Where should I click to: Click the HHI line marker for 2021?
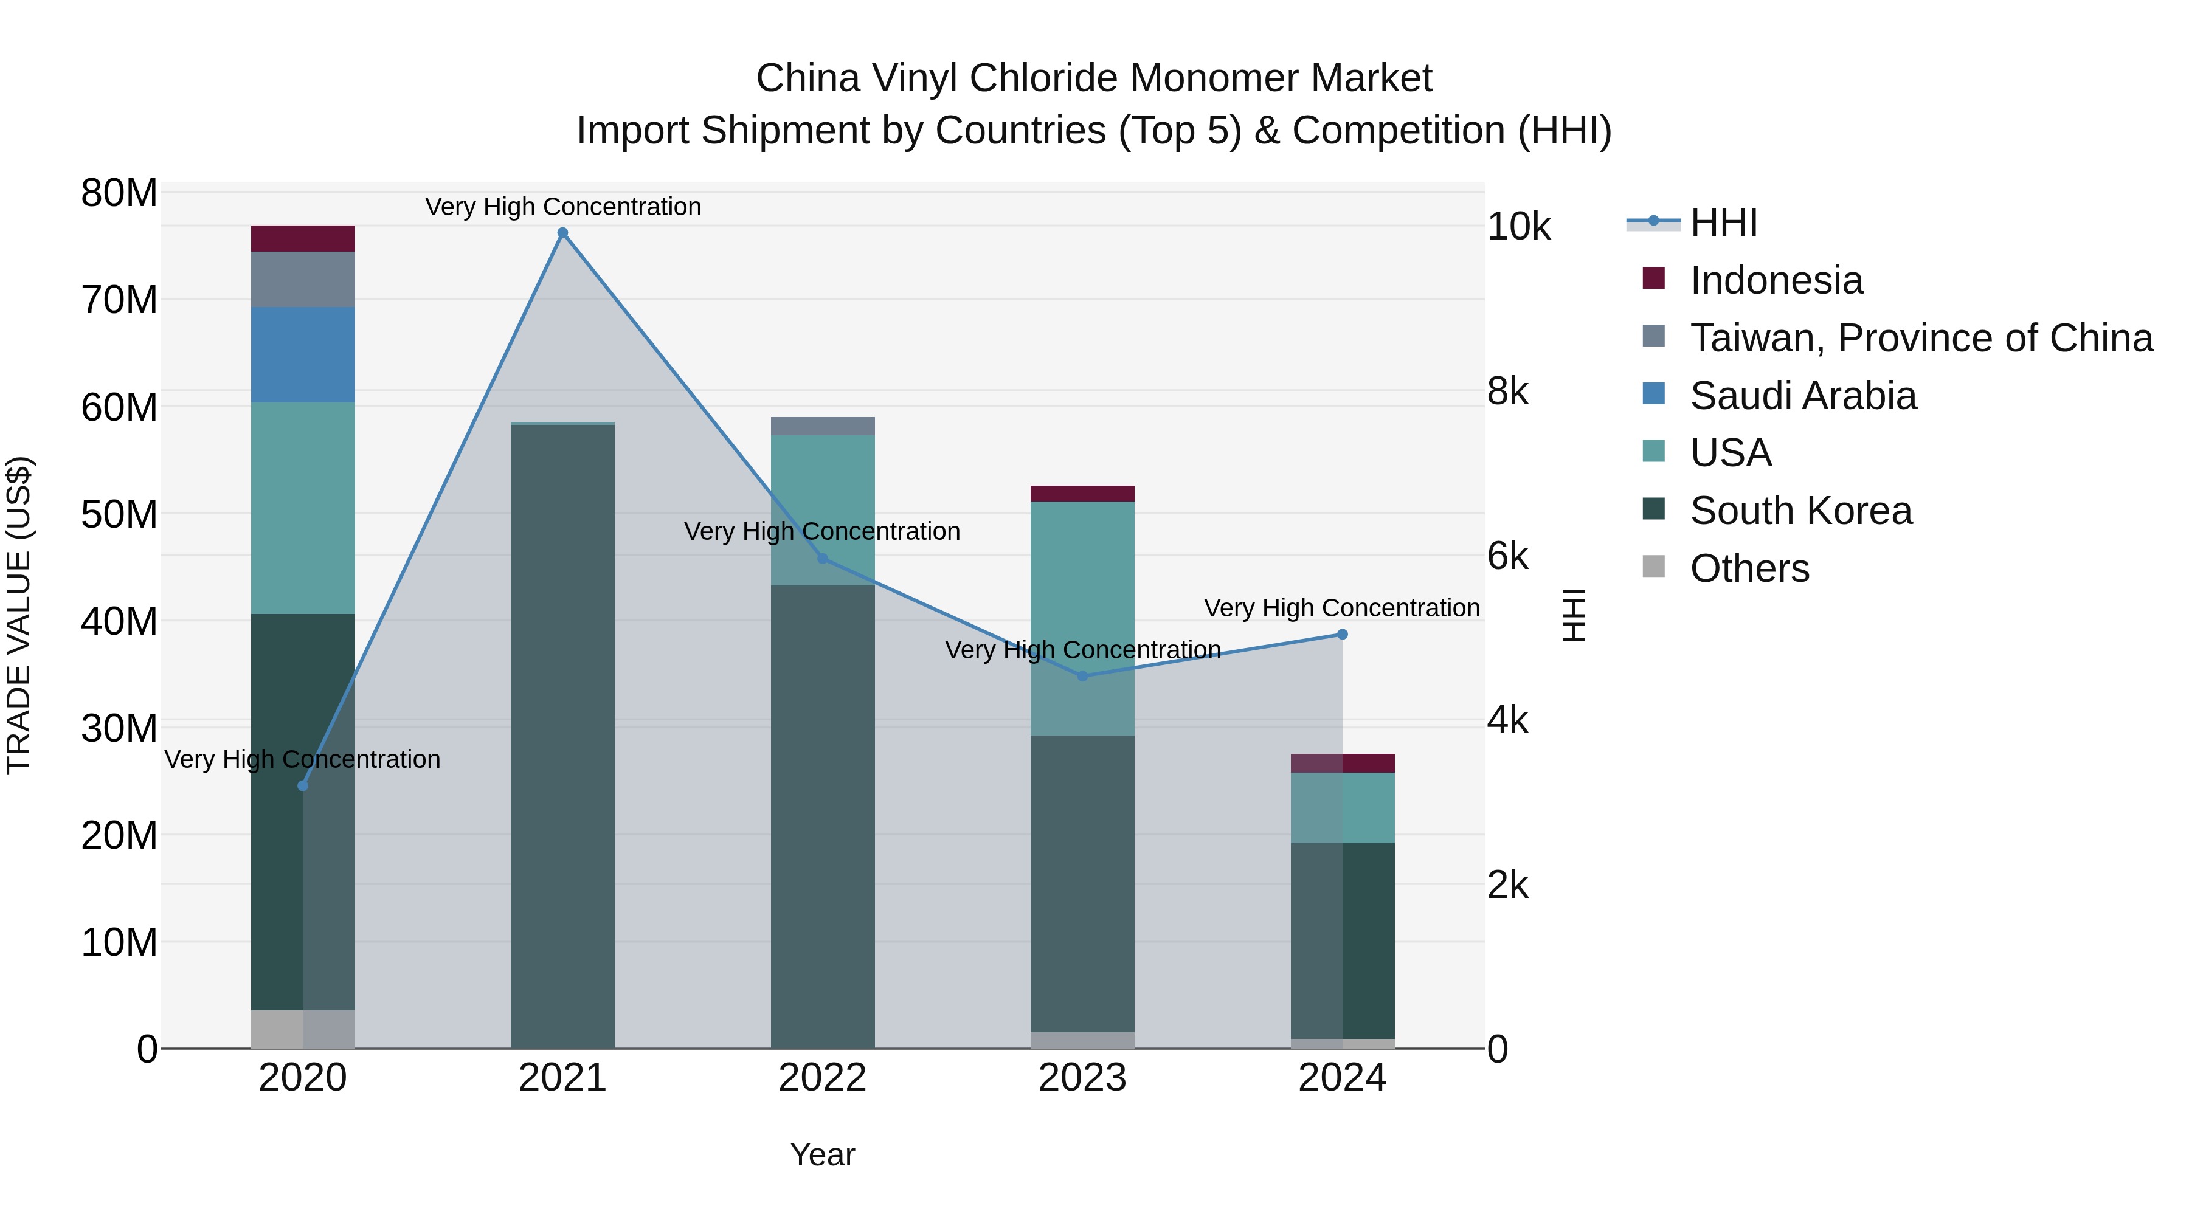[x=562, y=233]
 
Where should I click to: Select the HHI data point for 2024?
[x=1343, y=635]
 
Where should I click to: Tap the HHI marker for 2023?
[x=1082, y=676]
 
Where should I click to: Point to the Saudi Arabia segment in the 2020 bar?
[x=303, y=354]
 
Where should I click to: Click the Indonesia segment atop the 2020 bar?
[x=303, y=239]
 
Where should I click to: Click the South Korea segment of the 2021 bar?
[x=562, y=731]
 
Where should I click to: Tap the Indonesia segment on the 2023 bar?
[x=1082, y=494]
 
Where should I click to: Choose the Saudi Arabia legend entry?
[x=1802, y=396]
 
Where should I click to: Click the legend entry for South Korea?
[x=1800, y=511]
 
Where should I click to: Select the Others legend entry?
[x=1749, y=568]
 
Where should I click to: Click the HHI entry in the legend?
[x=1723, y=222]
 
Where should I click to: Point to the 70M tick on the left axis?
[x=119, y=300]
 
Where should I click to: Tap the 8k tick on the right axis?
[x=1507, y=391]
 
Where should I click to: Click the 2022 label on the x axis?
[x=823, y=1078]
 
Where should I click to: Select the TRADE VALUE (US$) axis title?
[x=19, y=615]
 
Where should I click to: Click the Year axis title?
[x=821, y=1154]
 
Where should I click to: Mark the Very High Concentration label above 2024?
[x=1342, y=609]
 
